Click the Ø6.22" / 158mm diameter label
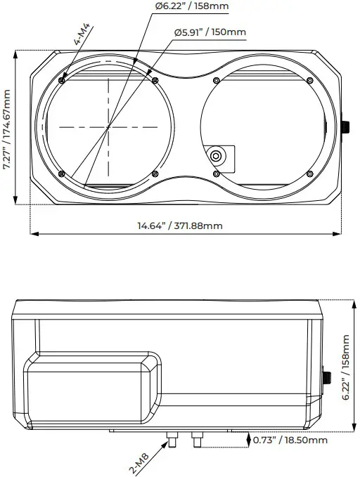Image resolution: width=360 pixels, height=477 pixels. tap(192, 7)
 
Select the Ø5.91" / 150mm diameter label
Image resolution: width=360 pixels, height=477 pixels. tap(210, 32)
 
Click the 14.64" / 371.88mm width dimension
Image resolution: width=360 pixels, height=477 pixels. tap(180, 226)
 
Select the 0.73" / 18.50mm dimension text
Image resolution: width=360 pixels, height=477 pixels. tap(290, 440)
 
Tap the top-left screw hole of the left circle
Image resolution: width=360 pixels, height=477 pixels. tap(63, 79)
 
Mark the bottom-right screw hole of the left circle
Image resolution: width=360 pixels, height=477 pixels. tap(155, 174)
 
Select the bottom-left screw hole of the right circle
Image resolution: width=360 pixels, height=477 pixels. tap(217, 174)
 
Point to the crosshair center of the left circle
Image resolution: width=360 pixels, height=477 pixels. tap(109, 126)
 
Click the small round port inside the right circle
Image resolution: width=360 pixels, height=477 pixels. tap(218, 155)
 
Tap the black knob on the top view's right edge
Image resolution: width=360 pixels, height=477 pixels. tap(345, 127)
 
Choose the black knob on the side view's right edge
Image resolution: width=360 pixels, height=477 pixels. tap(327, 378)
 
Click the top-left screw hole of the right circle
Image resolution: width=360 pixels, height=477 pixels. tap(217, 79)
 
